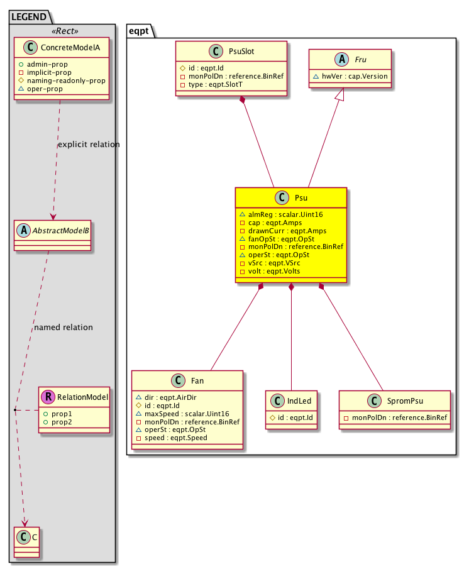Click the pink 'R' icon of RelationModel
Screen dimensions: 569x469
[47, 397]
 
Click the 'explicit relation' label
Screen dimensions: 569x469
[89, 145]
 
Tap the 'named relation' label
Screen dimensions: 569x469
[63, 328]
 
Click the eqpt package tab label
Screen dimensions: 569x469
[139, 29]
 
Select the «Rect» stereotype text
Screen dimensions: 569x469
[62, 31]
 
